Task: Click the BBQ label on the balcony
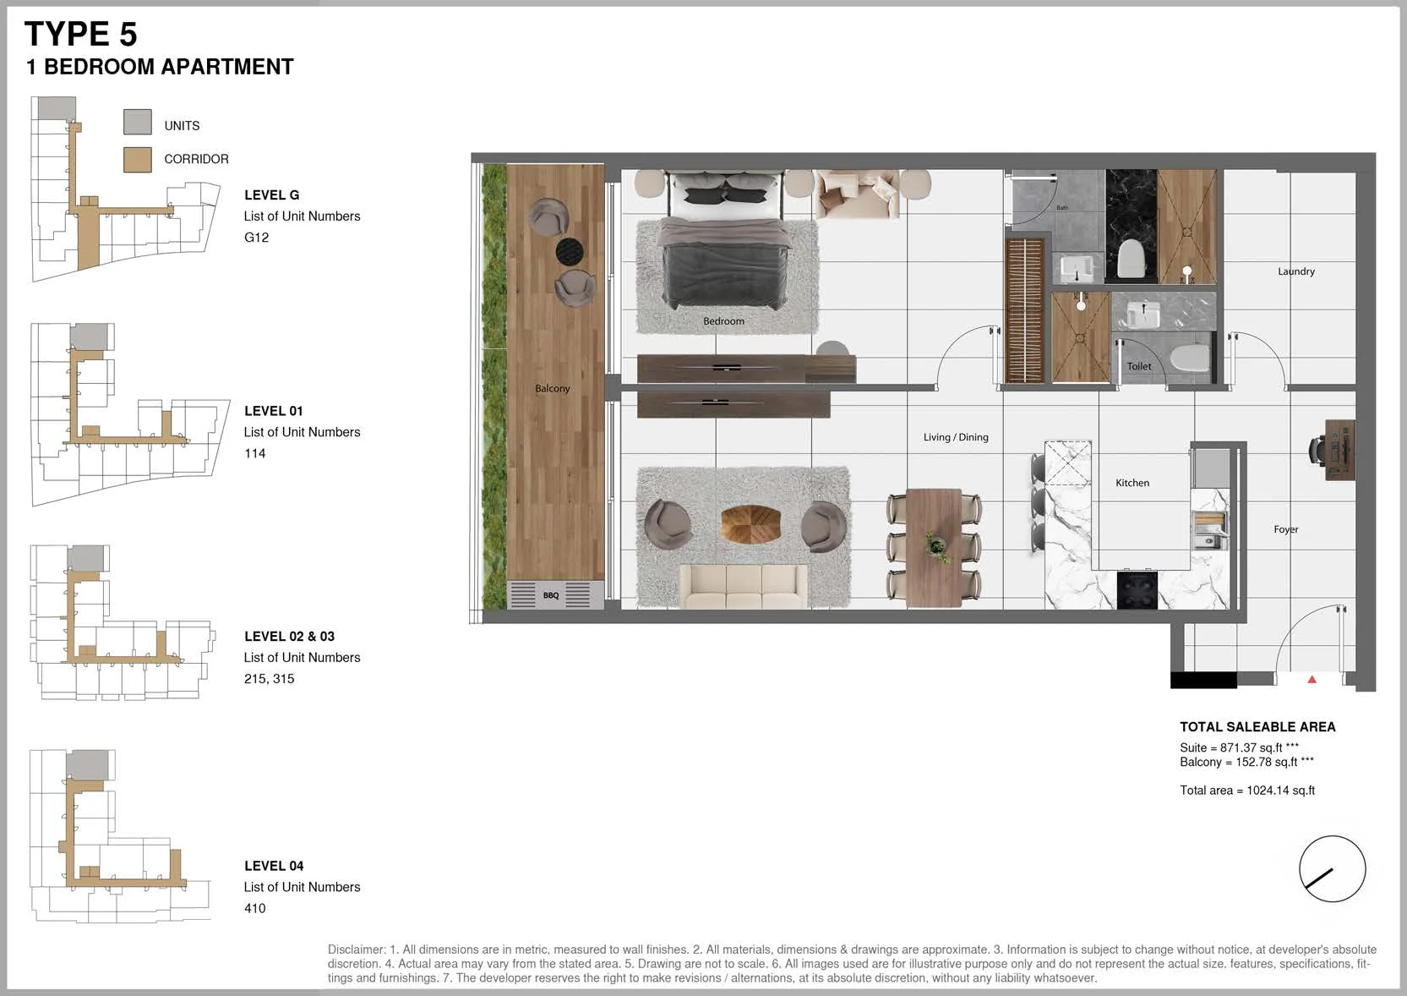(x=551, y=595)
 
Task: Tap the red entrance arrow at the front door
(x=1312, y=679)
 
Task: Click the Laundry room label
(x=1295, y=271)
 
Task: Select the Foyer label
(x=1286, y=529)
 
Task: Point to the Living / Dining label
(x=956, y=437)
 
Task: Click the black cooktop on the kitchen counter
(x=1137, y=590)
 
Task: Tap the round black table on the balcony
(x=569, y=251)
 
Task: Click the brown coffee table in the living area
(x=750, y=523)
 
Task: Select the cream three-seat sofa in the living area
(x=743, y=586)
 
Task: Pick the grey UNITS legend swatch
(x=138, y=122)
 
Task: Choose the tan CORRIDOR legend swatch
(x=138, y=160)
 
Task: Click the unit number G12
(x=256, y=237)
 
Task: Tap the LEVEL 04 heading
(x=274, y=866)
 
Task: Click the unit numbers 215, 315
(x=269, y=679)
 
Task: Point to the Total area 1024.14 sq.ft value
(x=1246, y=791)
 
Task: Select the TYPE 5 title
(x=80, y=34)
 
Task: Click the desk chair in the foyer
(x=1317, y=450)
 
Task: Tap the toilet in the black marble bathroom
(x=1132, y=258)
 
